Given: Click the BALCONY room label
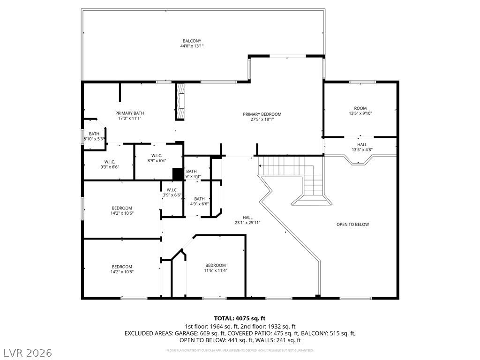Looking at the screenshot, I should [192, 41].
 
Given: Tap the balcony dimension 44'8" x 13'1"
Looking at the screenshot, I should [192, 46].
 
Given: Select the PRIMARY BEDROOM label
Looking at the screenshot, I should [262, 114].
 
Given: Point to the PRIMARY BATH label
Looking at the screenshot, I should [130, 113].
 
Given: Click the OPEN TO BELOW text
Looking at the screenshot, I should [352, 225].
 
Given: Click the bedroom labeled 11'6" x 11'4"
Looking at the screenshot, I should [215, 265].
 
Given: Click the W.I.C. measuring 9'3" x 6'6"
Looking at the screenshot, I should [110, 162].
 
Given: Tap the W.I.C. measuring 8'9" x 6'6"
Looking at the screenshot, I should [157, 156].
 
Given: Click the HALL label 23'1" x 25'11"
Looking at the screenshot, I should [247, 217].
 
